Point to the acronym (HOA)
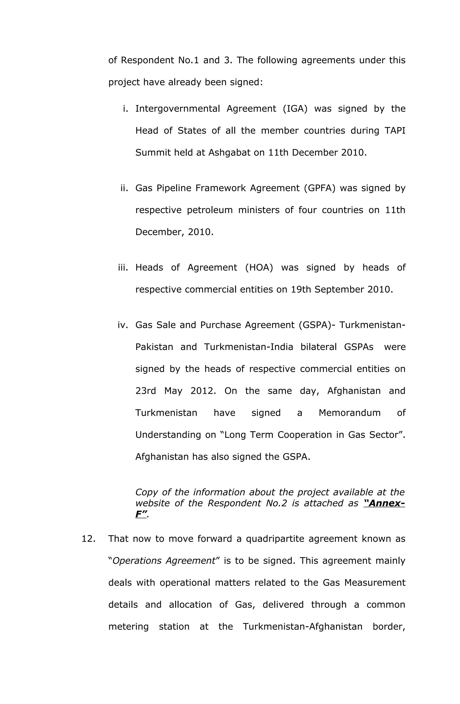tap(259, 268)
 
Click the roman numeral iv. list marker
tap(123, 325)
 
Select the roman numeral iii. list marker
tap(123, 268)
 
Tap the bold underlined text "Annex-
tap(384, 503)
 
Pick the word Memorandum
tap(349, 413)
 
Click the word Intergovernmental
tap(177, 109)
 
